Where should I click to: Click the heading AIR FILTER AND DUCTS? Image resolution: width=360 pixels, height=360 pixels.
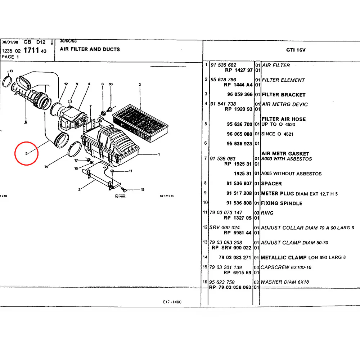[x=90, y=49]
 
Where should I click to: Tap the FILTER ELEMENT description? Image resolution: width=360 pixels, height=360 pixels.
[x=283, y=80]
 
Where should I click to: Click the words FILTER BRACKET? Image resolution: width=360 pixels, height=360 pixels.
[x=283, y=95]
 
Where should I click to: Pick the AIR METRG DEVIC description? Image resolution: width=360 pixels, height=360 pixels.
[x=285, y=104]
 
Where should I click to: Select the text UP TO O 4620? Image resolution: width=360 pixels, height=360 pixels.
[x=278, y=124]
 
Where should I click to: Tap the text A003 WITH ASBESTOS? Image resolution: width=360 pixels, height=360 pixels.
[x=287, y=159]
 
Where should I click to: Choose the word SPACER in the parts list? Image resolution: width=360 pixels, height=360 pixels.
[x=271, y=184]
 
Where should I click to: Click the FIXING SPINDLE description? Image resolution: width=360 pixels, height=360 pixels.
[x=282, y=203]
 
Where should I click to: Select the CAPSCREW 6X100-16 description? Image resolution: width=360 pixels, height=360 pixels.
[x=286, y=267]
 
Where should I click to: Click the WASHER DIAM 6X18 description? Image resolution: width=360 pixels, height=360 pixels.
[x=285, y=282]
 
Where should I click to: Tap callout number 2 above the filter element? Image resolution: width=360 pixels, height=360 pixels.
[x=139, y=85]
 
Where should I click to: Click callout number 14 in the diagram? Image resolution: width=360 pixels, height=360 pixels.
[x=46, y=167]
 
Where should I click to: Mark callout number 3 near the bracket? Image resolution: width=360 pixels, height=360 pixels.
[x=79, y=189]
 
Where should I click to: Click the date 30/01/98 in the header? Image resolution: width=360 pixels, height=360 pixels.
[x=10, y=42]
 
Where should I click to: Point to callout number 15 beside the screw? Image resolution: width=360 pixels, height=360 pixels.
[x=143, y=189]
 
